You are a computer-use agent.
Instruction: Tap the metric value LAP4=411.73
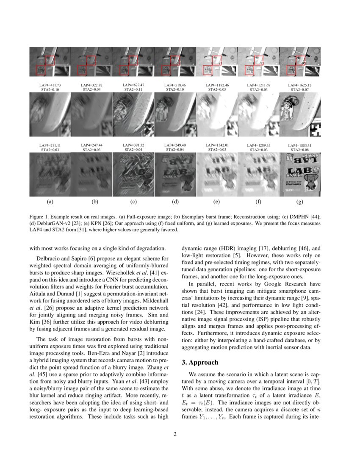[x=50, y=85]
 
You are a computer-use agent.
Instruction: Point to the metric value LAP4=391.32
[x=133, y=145]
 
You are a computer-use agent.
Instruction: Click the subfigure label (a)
[x=50, y=202]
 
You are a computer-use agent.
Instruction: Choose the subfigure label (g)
[x=300, y=202]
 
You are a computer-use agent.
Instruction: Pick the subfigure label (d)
[x=175, y=202]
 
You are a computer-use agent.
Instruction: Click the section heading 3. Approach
[x=200, y=362]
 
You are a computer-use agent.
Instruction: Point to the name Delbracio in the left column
[x=49, y=258]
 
